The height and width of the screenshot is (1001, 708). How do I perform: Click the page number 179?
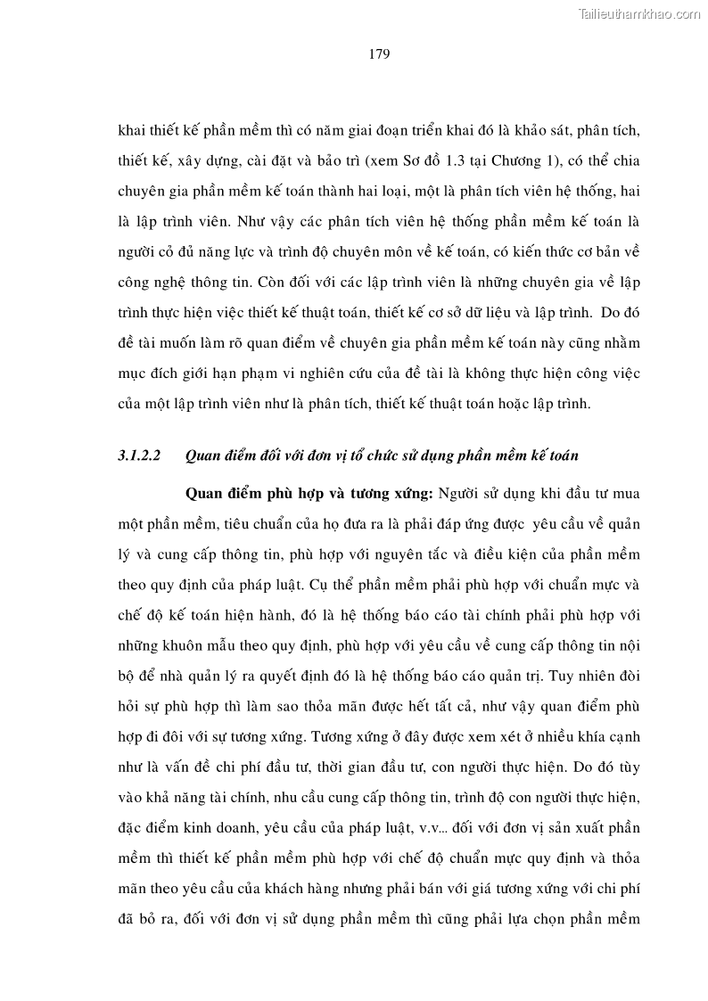point(379,53)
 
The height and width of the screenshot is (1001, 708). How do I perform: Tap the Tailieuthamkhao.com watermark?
point(640,13)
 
